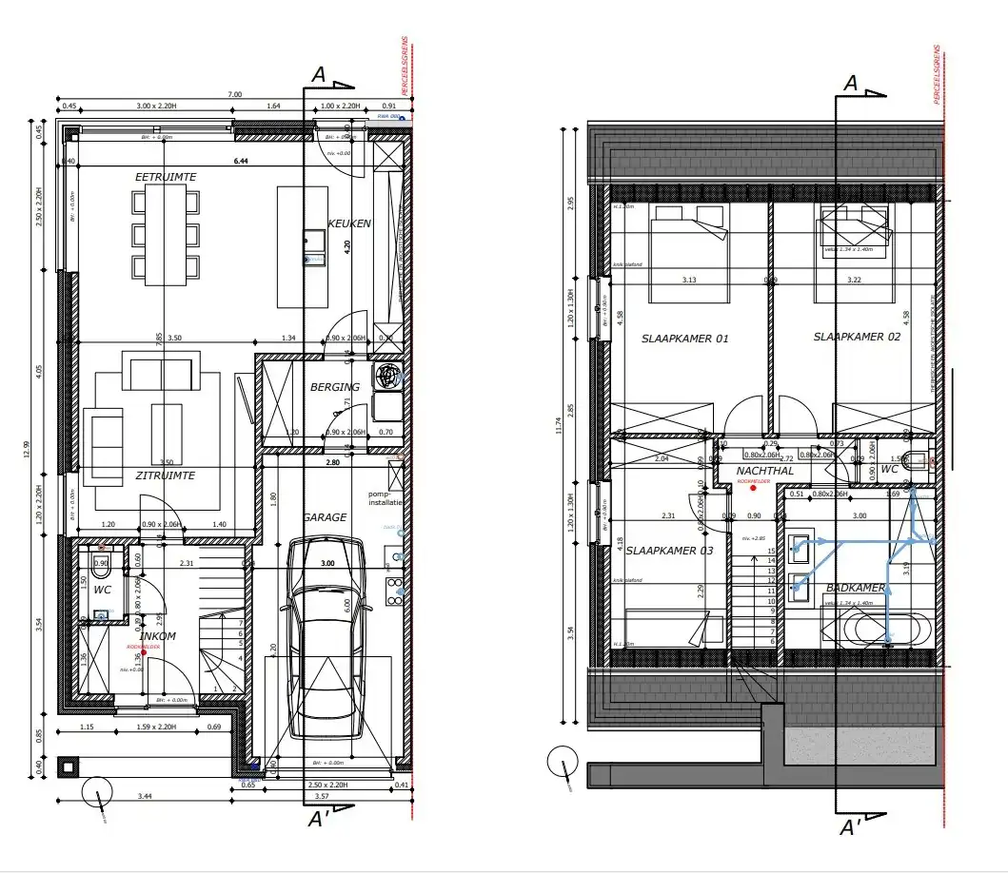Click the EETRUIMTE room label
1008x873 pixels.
click(x=165, y=177)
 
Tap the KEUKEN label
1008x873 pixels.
click(x=348, y=223)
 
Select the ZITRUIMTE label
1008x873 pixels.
click(x=165, y=475)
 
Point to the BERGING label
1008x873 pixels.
click(x=335, y=387)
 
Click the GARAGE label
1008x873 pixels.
click(x=325, y=517)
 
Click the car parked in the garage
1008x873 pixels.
click(x=324, y=637)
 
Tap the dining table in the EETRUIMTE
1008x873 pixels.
click(x=166, y=233)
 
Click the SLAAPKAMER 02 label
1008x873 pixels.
click(x=857, y=338)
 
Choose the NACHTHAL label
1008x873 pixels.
click(x=764, y=471)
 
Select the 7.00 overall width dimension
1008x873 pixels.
click(x=234, y=94)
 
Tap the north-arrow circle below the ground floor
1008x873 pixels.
click(x=96, y=790)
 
